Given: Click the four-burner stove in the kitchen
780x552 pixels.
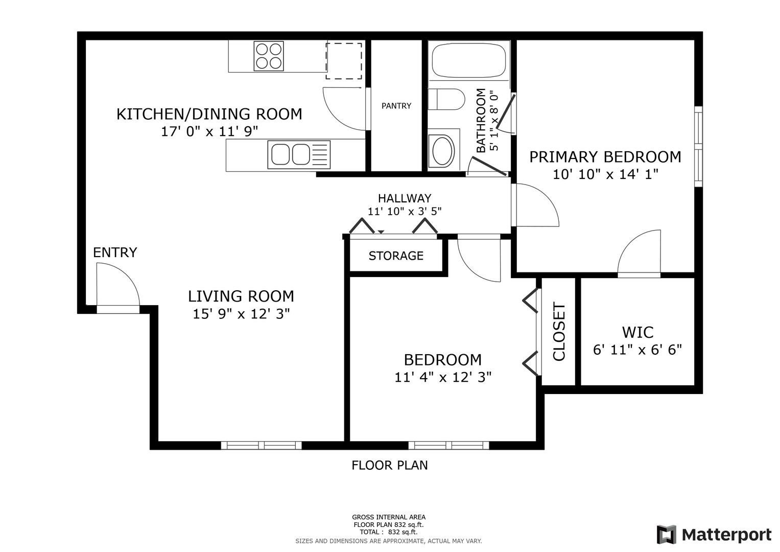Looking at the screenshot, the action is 269,56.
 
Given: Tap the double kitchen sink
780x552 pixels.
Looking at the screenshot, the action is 299,154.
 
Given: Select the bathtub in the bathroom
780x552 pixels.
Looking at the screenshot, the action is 469,60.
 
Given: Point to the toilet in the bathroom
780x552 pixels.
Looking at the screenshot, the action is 446,99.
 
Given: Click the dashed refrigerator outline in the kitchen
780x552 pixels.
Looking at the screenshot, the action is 344,61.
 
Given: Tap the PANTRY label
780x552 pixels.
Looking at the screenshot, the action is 396,106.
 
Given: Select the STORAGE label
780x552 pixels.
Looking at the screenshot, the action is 396,256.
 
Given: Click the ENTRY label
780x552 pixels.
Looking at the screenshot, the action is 115,252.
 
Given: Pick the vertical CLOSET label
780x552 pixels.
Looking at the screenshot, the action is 559,331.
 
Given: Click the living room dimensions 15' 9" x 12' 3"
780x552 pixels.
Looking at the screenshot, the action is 241,314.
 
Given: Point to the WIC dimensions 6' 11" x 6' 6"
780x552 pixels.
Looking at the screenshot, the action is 637,350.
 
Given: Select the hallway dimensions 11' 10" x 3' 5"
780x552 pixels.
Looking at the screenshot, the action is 405,211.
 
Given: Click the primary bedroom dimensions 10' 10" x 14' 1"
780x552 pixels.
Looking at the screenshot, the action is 605,174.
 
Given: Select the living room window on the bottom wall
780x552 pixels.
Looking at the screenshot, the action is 261,445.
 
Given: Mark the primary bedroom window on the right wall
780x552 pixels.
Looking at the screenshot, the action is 698,146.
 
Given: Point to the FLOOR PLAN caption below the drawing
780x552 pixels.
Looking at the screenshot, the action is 390,465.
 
